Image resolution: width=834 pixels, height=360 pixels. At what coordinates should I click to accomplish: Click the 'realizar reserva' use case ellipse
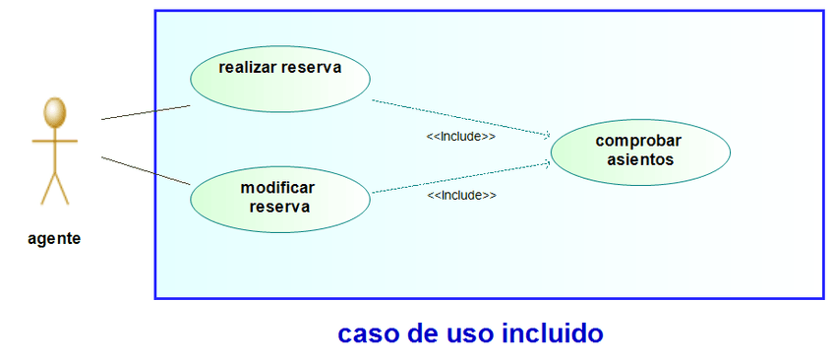pos(279,79)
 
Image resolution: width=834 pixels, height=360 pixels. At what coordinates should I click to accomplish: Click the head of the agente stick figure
pos(55,111)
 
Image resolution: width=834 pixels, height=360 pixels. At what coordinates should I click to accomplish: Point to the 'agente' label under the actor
pos(54,238)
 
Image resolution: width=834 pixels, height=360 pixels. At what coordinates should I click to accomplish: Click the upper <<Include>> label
pos(460,137)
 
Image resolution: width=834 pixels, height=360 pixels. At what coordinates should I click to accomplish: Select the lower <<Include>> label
pos(461,196)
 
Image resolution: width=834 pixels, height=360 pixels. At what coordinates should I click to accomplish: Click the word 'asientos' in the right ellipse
pos(640,158)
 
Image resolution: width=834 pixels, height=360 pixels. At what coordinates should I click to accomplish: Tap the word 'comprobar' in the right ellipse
pos(638,140)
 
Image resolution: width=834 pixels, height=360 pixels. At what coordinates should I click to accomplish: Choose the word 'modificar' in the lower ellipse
pos(278,187)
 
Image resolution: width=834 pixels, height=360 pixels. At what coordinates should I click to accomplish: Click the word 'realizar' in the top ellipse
pos(248,68)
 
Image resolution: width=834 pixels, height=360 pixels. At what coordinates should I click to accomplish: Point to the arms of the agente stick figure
pos(55,141)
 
